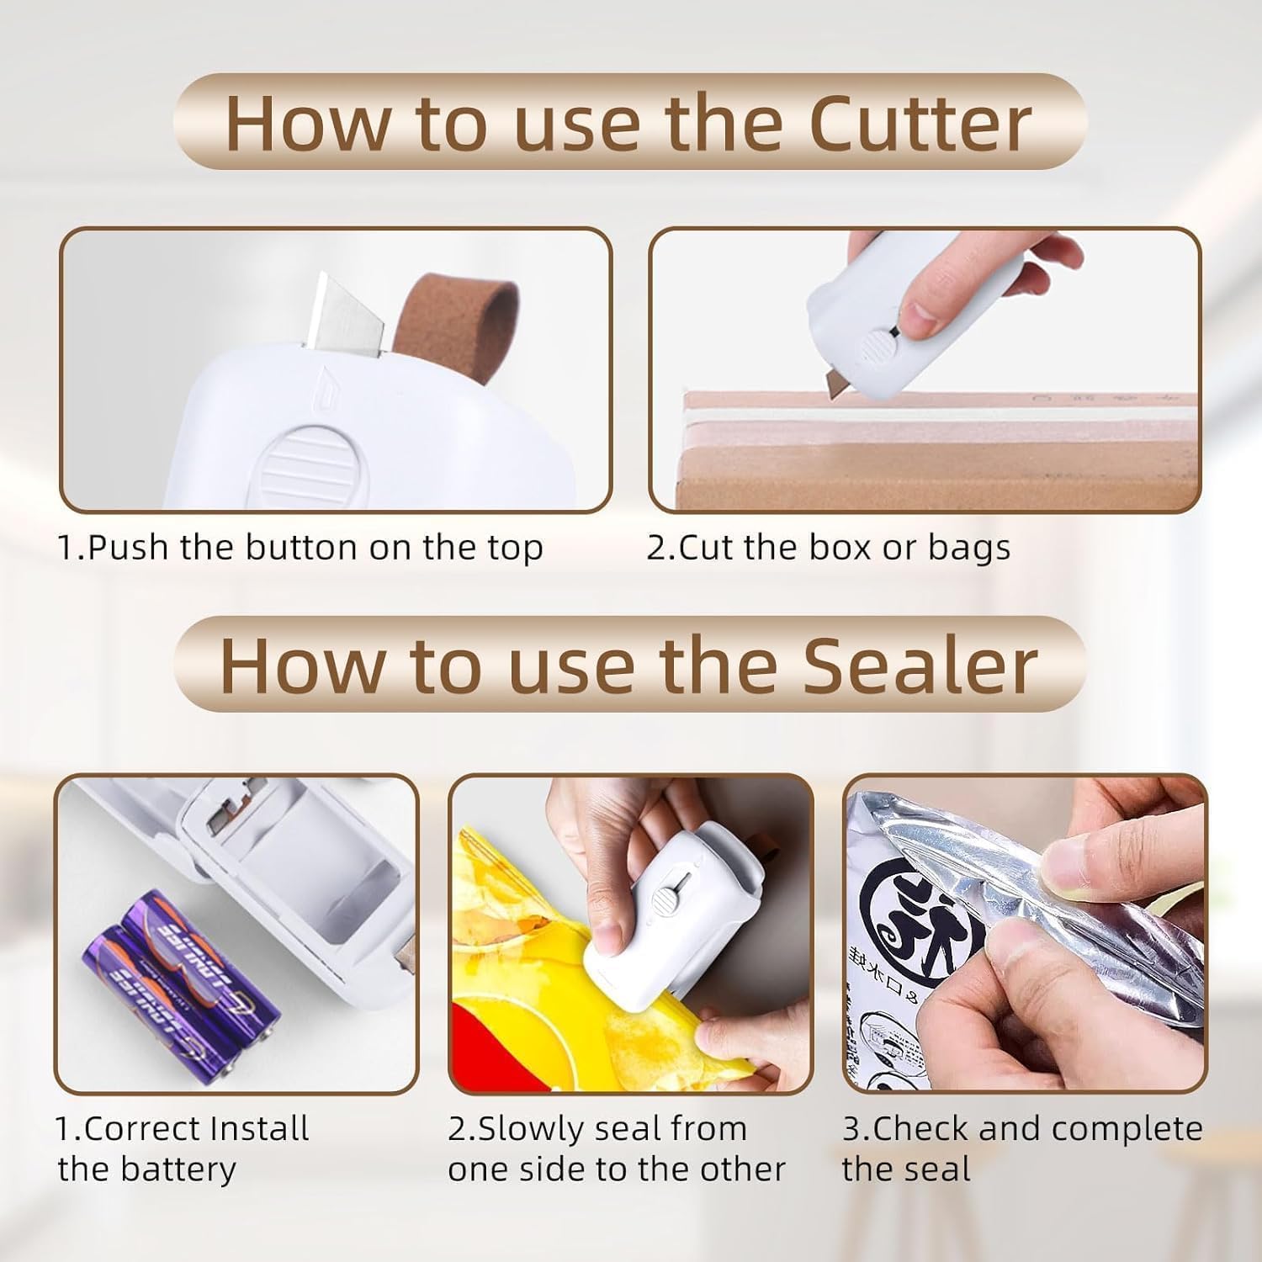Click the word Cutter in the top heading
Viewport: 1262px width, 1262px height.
tap(920, 124)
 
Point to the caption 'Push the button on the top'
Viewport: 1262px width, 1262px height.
tap(300, 548)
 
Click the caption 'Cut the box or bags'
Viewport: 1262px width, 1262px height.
tap(829, 548)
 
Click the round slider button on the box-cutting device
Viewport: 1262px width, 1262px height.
tap(880, 344)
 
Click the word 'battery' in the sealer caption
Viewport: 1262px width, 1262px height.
tap(189, 1169)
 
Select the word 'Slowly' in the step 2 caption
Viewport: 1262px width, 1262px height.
tap(528, 1129)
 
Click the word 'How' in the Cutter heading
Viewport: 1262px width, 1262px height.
tap(307, 124)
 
